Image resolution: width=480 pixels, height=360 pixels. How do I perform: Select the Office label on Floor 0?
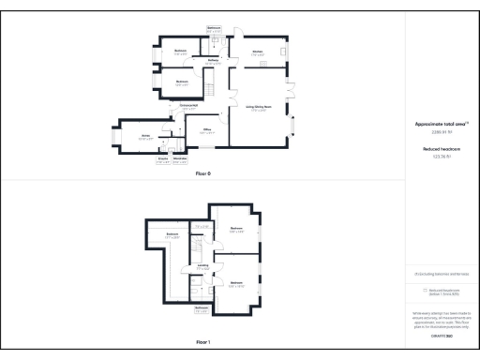(x=206, y=129)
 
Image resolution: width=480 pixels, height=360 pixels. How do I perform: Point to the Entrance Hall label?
(x=187, y=105)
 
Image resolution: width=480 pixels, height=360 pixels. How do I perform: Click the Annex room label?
(x=145, y=136)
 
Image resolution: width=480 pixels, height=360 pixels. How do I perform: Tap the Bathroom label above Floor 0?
(x=214, y=29)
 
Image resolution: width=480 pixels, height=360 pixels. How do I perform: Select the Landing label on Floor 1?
(x=202, y=267)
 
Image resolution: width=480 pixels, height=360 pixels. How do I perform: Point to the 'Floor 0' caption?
(x=203, y=174)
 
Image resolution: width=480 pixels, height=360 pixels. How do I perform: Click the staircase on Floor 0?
(x=211, y=88)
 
